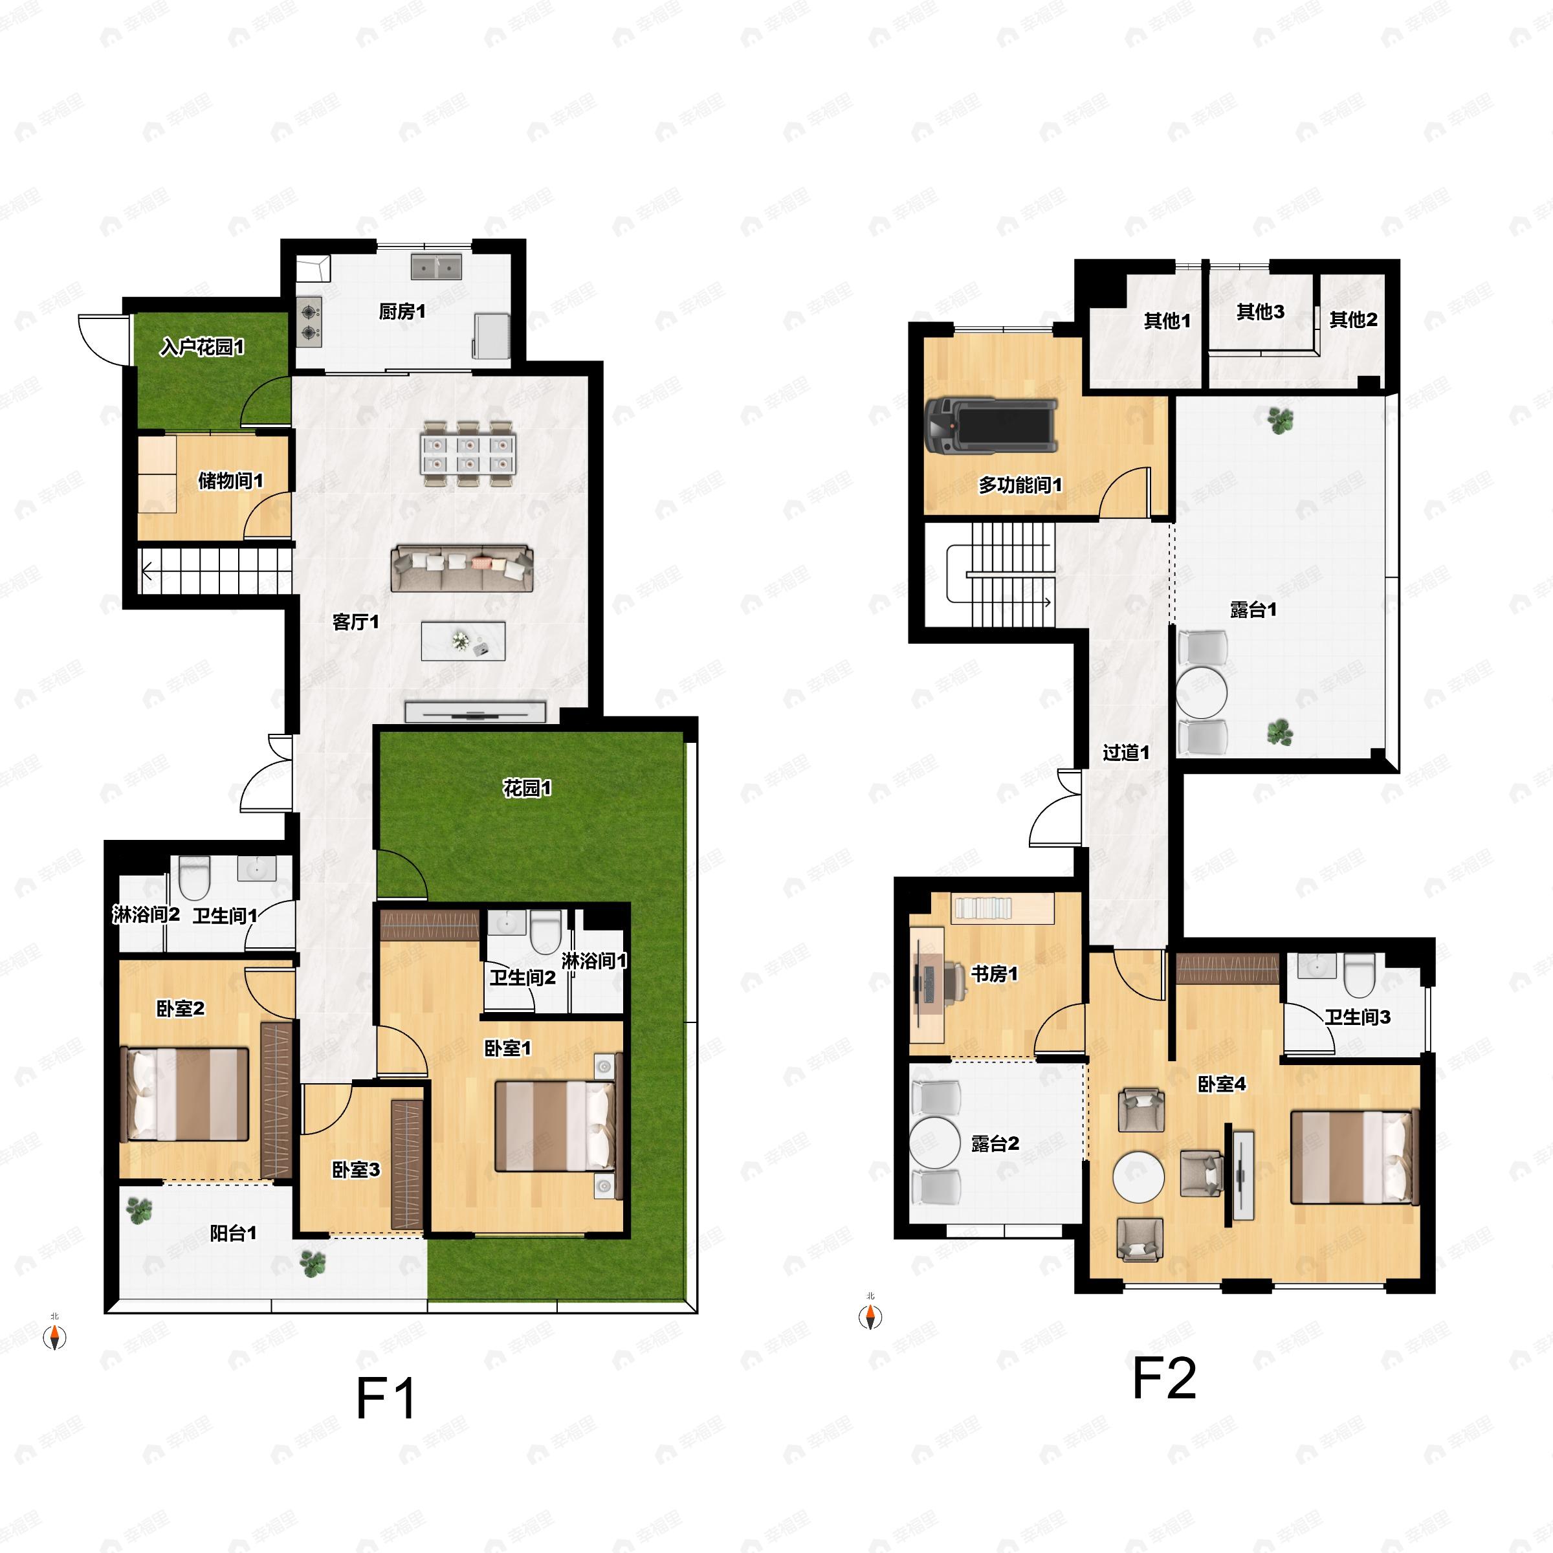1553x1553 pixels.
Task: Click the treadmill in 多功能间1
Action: [990, 425]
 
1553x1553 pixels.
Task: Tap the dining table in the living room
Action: [468, 455]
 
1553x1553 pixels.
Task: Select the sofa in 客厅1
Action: [462, 568]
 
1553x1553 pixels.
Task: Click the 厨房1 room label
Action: [402, 311]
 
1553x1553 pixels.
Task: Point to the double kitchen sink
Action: [437, 267]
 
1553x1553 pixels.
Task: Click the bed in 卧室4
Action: [1354, 1158]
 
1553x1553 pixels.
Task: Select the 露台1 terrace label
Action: [1253, 610]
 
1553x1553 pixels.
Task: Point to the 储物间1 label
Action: [231, 481]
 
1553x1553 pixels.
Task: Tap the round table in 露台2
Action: [935, 1141]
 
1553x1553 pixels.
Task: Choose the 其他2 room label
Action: [1354, 320]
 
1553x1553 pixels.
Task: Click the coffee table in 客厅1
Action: [464, 641]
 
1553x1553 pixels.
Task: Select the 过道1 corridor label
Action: [1125, 753]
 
